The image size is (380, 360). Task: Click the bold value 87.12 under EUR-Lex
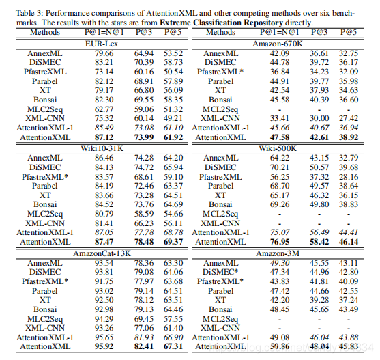[x=104, y=137]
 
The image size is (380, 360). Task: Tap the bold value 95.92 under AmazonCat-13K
[x=104, y=346]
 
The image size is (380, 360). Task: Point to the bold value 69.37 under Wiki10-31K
[x=173, y=242]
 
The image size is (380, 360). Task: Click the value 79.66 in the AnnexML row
[x=104, y=53]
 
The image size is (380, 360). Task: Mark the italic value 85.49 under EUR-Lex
[x=104, y=128]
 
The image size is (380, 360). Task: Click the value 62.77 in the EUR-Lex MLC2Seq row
[x=104, y=109]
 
